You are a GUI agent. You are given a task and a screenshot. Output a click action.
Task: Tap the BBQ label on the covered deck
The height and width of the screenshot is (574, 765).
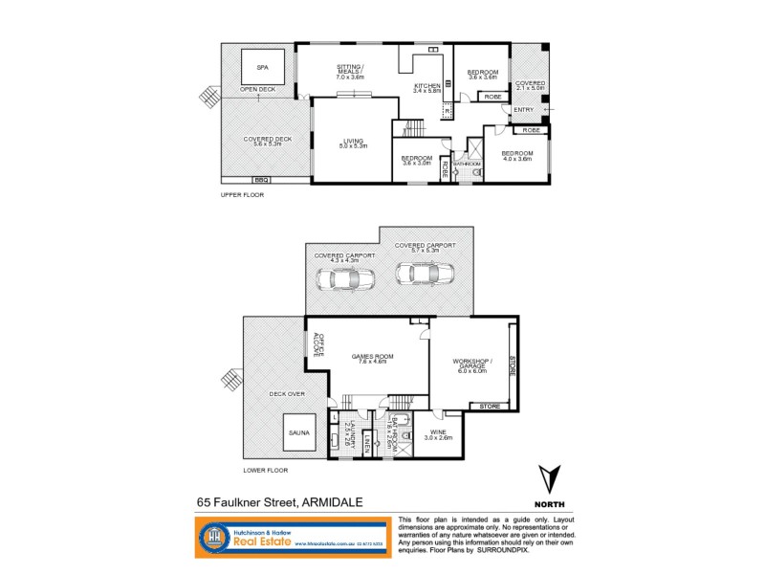(261, 179)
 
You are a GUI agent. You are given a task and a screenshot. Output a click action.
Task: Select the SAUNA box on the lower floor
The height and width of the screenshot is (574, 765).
(298, 432)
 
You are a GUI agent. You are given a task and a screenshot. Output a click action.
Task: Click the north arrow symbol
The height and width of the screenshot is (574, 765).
(548, 478)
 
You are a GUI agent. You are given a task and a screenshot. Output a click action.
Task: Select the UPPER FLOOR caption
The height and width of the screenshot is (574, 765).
(242, 194)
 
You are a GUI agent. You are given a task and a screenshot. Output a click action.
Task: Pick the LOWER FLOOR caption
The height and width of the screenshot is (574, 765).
(265, 470)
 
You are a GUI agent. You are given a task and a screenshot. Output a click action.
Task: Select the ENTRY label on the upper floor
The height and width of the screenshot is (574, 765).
(523, 109)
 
